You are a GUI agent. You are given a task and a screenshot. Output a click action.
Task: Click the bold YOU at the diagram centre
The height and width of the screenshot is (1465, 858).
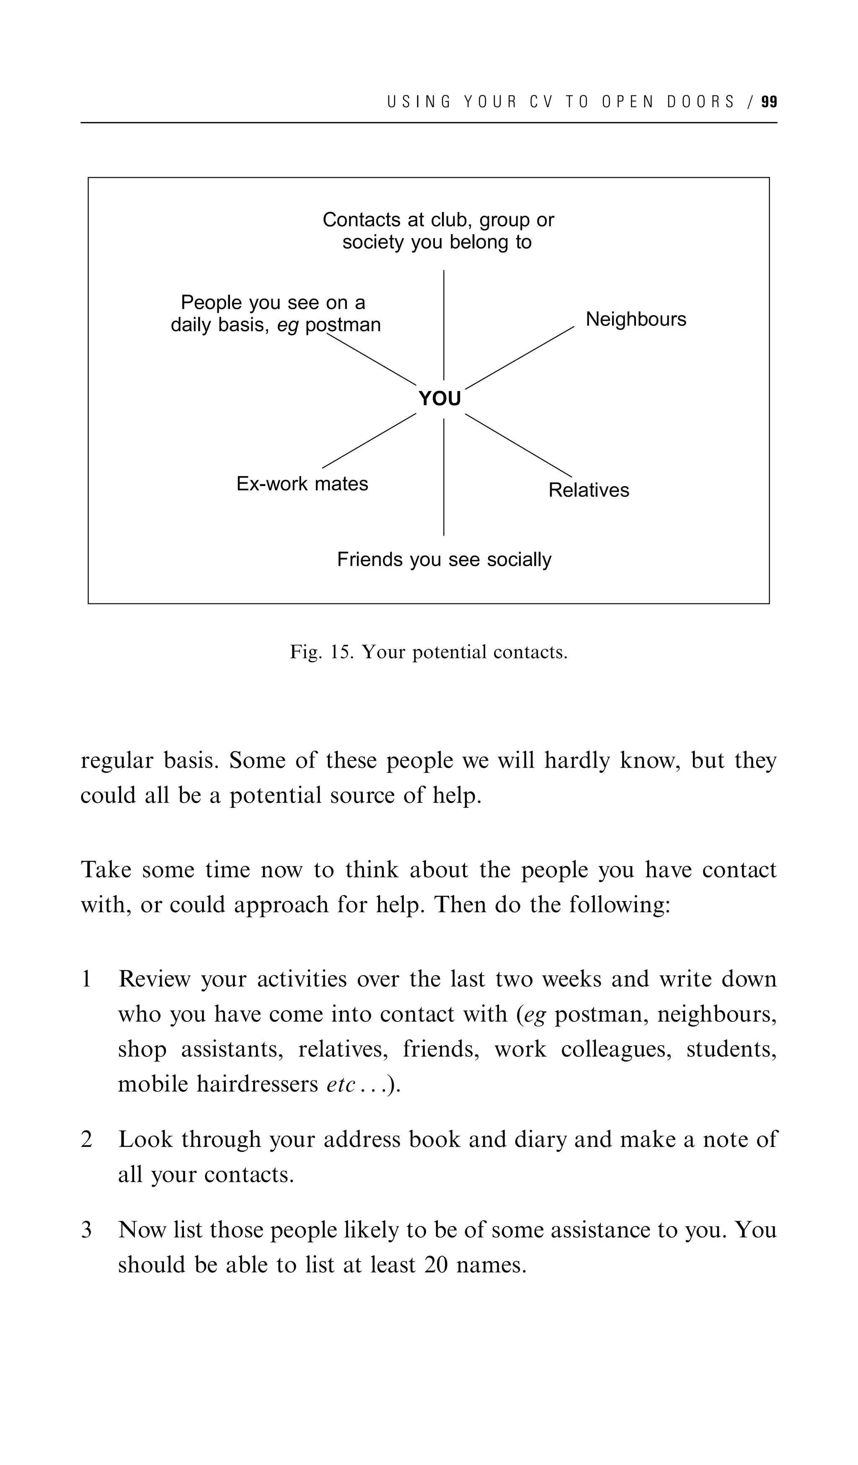click(x=439, y=399)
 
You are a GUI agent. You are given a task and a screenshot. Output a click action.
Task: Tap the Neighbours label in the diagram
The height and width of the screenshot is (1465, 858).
click(x=636, y=319)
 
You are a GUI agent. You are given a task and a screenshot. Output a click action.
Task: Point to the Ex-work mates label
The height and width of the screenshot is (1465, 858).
click(x=302, y=484)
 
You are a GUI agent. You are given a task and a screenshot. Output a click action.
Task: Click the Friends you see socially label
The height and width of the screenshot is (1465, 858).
click(x=444, y=559)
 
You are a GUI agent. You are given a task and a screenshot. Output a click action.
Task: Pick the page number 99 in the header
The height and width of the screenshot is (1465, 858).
click(x=769, y=102)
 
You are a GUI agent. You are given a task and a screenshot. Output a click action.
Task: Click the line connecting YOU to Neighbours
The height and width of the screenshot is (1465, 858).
click(x=519, y=357)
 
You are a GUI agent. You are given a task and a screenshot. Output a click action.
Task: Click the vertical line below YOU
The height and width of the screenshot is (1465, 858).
click(x=444, y=477)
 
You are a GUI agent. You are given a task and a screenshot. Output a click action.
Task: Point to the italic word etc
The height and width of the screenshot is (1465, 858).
click(x=341, y=1084)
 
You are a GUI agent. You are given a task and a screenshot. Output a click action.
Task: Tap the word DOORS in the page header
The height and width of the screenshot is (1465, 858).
click(x=700, y=102)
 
